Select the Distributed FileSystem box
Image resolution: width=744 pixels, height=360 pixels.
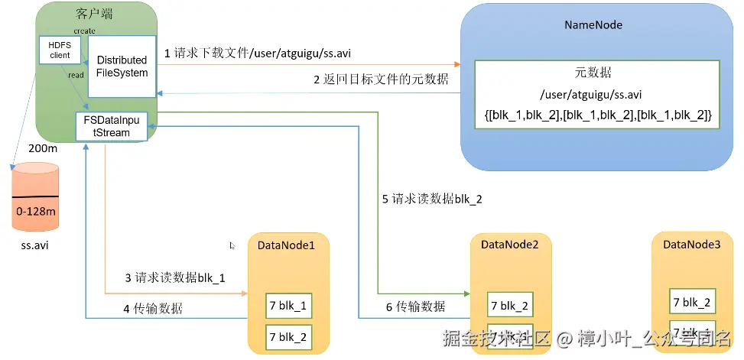[x=122, y=66]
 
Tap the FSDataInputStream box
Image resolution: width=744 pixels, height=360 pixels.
[x=112, y=126]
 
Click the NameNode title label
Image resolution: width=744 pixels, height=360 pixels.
[x=593, y=24]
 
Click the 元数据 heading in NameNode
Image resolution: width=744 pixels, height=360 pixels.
[x=593, y=74]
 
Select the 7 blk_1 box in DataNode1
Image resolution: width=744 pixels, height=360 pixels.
[x=288, y=305]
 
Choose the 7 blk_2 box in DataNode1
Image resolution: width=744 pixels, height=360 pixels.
[x=288, y=336]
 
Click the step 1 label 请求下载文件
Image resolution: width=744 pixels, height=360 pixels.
[x=258, y=54]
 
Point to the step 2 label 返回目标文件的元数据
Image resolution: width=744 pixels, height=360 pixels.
[x=381, y=79]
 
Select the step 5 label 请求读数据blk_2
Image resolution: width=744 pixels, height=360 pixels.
[x=433, y=199]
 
